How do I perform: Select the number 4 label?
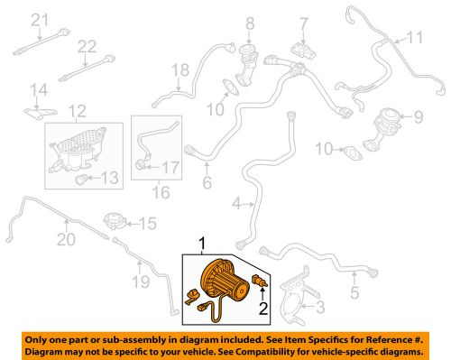[236, 205]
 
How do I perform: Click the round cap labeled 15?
[115, 220]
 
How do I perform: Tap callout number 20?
[63, 239]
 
